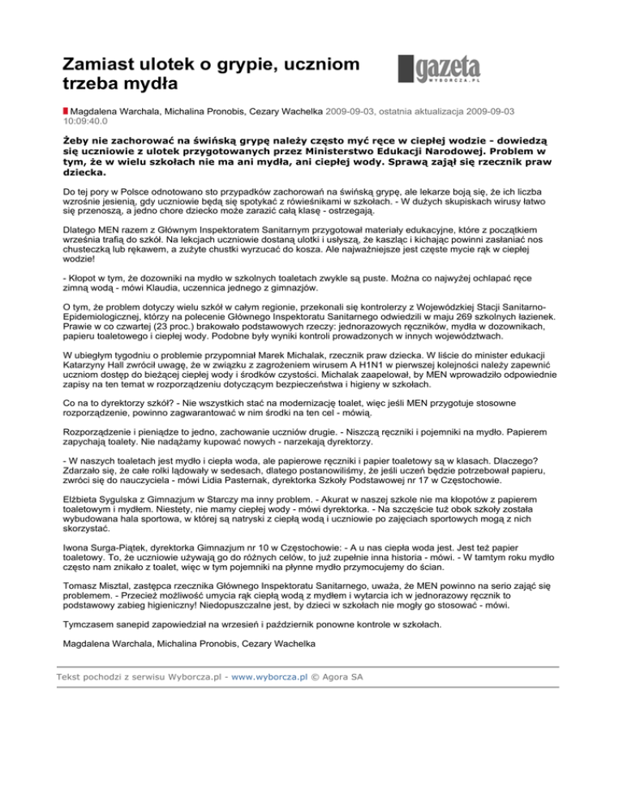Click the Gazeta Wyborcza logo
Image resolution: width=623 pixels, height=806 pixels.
click(x=439, y=71)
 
